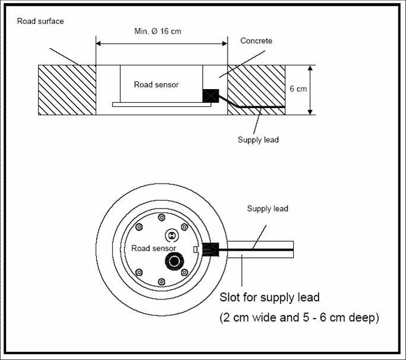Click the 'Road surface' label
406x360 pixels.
[40, 21]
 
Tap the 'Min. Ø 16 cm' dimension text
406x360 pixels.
[158, 31]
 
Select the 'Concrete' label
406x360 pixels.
[256, 40]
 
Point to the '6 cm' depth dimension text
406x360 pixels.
[298, 89]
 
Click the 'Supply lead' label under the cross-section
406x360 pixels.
[258, 140]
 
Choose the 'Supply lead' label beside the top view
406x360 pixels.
[267, 209]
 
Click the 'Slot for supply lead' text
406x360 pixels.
[269, 298]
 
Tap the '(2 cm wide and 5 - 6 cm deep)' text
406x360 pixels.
[300, 317]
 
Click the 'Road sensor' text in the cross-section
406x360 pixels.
[156, 84]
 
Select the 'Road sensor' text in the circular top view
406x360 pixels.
[153, 248]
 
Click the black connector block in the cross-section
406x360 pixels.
[210, 96]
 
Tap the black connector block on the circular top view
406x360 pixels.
[210, 250]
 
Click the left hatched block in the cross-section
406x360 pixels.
[67, 90]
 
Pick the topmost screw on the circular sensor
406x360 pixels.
[162, 217]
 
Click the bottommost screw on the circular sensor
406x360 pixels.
[162, 282]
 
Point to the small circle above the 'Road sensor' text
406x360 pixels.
[171, 230]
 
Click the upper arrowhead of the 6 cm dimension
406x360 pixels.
[310, 68]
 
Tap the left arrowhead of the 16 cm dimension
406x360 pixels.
[99, 43]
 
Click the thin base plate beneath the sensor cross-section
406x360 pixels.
[162, 105]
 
